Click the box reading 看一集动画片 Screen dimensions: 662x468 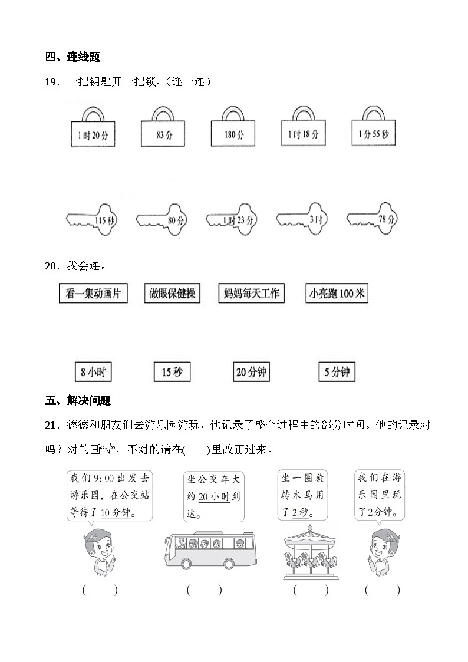click(x=93, y=294)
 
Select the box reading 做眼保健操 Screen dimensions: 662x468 click(x=172, y=294)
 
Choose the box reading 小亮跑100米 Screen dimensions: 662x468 click(x=337, y=294)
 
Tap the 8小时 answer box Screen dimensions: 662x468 click(x=93, y=372)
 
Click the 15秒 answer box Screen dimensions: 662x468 click(x=172, y=372)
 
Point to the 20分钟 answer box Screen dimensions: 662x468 click(x=252, y=372)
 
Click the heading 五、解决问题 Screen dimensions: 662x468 click(x=78, y=401)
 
